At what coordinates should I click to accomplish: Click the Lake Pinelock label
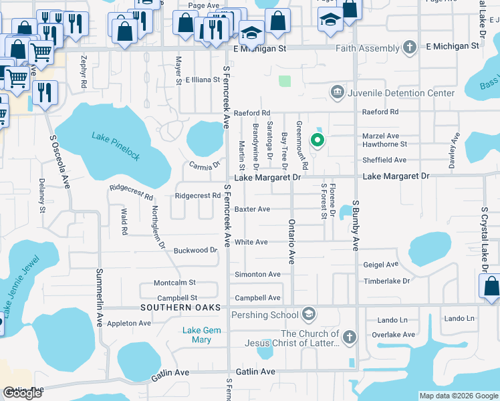116,146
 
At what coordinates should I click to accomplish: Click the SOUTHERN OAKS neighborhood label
172,307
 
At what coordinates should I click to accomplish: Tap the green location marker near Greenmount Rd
318,140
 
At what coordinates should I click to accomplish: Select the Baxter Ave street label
252,209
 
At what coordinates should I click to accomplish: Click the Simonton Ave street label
257,275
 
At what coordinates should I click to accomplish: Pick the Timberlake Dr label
386,281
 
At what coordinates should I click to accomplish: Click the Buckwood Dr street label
195,251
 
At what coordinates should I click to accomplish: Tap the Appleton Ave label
130,323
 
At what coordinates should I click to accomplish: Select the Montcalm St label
174,283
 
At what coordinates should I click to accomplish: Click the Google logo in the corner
22,394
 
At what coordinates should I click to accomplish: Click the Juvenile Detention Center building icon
337,92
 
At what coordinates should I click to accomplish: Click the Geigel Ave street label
381,265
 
